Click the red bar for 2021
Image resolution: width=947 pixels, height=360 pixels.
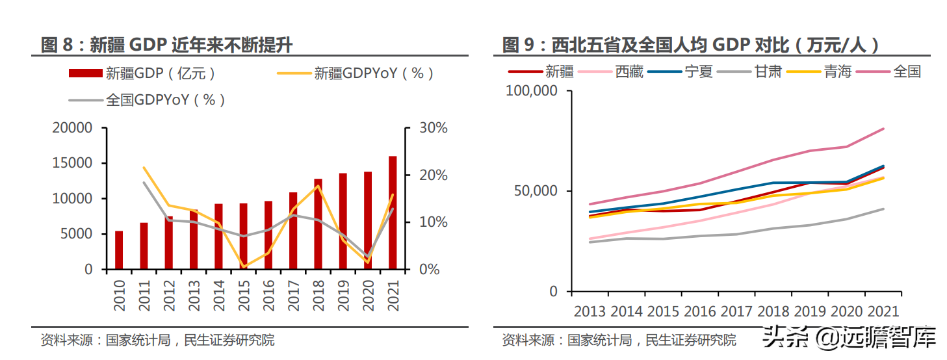coord(393,212)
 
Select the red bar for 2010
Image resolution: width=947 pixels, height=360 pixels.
coord(119,250)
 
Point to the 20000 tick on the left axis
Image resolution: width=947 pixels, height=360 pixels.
coord(72,128)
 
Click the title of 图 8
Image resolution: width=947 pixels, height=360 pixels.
coord(166,45)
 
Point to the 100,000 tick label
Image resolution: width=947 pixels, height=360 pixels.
coord(531,92)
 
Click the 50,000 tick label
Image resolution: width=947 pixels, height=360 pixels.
coord(535,192)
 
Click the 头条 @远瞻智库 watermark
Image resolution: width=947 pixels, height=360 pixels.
coord(848,337)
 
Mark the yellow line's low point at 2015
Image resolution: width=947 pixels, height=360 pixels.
coord(244,266)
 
